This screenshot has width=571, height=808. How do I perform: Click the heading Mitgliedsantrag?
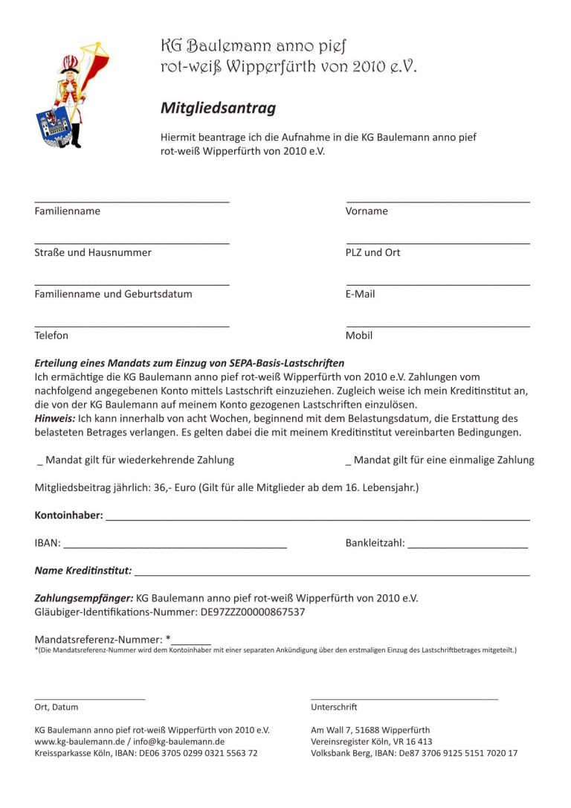click(218, 108)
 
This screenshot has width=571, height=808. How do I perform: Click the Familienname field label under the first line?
click(67, 211)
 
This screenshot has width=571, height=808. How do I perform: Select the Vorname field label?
click(367, 211)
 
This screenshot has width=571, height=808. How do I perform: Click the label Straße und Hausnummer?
click(93, 253)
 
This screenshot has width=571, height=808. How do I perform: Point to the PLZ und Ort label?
click(372, 253)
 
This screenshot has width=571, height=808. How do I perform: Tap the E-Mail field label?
click(360, 295)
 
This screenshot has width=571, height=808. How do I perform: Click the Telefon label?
click(51, 336)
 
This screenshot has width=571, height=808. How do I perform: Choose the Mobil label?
click(359, 336)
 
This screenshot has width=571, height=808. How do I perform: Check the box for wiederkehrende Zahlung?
click(39, 461)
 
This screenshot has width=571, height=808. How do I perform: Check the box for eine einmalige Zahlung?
click(349, 461)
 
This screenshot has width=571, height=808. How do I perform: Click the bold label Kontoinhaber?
click(69, 516)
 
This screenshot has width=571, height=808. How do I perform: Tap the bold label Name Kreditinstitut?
click(83, 571)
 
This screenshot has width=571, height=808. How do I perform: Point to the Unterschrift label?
click(334, 707)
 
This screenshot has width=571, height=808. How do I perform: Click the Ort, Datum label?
click(57, 707)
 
